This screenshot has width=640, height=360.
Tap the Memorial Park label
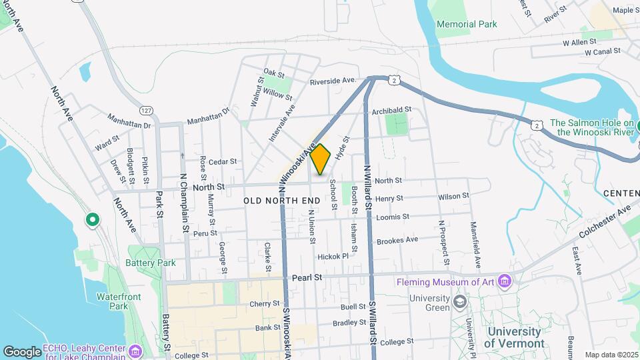coord(467,25)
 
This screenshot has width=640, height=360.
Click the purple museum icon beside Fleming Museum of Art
coord(505,281)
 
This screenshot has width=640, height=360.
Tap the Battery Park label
coord(151,263)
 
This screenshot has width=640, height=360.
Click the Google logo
coord(22,351)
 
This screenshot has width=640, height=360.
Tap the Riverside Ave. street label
coord(333,81)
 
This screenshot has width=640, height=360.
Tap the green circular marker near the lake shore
coord(92,219)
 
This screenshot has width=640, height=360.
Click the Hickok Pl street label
coord(333,256)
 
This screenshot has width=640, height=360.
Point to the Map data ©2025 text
coord(609,355)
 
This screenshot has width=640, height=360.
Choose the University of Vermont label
coord(514,337)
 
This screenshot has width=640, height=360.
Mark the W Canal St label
coord(603,51)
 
